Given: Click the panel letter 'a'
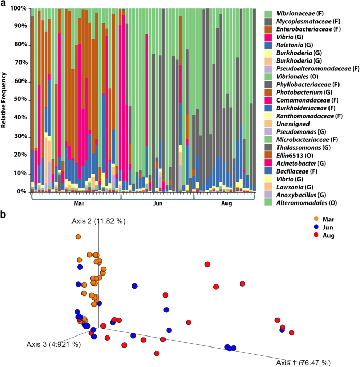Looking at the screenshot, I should click(x=3, y=4).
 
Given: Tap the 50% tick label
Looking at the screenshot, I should click(x=19, y=100).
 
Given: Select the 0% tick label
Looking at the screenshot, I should click(x=20, y=192).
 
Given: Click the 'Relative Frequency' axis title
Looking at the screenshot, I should click(x=4, y=100).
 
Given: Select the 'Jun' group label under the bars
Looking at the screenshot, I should click(x=158, y=202).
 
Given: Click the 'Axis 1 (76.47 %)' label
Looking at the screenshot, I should click(x=303, y=362).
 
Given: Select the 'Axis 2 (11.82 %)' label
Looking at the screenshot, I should click(x=98, y=221).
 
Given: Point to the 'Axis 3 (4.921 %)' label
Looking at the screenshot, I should click(x=53, y=344).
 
